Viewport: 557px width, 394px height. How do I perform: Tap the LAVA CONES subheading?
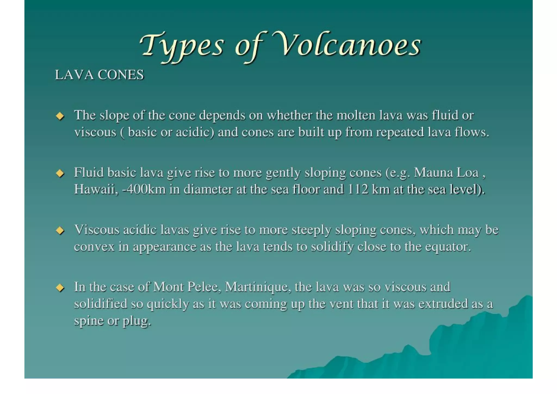(99, 75)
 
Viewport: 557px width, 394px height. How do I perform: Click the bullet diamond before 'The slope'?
(60, 116)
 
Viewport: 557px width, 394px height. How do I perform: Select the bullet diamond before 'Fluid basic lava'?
(60, 173)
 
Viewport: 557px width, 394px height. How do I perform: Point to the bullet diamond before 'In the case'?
(60, 288)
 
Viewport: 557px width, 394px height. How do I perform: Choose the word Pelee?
(204, 287)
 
